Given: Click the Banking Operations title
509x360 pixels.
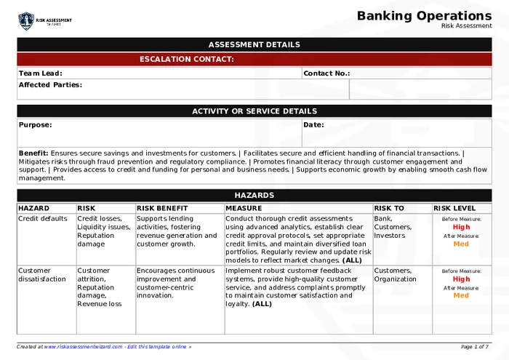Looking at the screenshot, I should [424, 16].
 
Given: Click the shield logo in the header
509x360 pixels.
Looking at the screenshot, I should [26, 20].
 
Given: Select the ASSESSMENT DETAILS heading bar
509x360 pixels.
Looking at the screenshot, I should [254, 44].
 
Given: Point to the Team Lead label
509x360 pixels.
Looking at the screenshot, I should [41, 73].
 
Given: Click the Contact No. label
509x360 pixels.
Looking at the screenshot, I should [326, 73].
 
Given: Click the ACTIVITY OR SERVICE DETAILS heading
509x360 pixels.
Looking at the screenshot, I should [254, 111].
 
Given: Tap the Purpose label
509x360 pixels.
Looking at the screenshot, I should [36, 124].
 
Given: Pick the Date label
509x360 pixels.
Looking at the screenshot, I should [313, 124].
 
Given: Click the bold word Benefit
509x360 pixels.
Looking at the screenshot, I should [33, 153].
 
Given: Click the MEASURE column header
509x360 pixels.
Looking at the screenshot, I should [244, 208].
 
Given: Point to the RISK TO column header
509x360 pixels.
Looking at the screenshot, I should [389, 208].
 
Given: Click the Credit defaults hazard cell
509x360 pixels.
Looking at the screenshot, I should [43, 218].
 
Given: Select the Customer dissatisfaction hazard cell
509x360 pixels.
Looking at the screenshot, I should [42, 274].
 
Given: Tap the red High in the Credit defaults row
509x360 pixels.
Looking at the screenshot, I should [461, 227].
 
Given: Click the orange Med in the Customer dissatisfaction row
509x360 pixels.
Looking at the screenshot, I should [461, 295].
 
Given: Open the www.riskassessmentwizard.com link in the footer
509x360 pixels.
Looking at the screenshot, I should [83, 347].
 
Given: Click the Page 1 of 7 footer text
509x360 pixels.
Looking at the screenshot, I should [475, 347].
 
